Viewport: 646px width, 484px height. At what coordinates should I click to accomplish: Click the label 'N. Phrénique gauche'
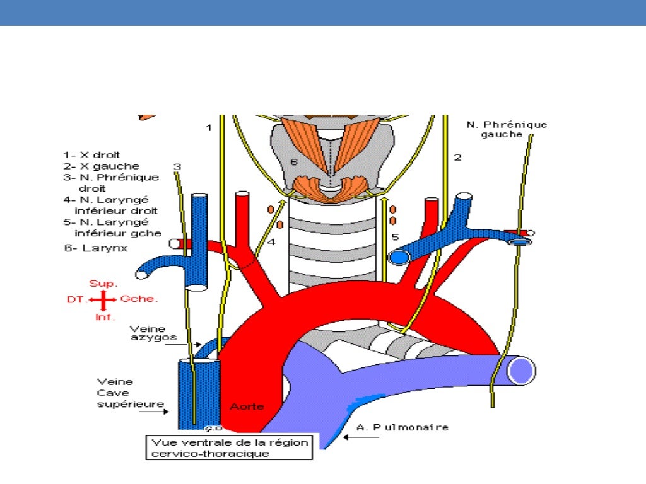click(507, 129)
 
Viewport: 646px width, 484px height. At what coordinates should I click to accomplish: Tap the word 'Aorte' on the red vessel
click(247, 406)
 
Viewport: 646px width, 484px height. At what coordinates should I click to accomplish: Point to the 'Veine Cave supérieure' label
click(124, 393)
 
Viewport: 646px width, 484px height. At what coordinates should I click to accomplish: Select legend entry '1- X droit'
click(91, 154)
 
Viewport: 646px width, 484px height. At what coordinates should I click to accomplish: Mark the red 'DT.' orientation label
click(75, 300)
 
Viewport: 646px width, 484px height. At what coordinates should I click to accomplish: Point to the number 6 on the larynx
click(293, 163)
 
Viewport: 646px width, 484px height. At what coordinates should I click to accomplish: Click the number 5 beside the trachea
click(395, 237)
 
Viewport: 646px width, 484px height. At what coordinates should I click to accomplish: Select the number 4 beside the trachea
click(271, 241)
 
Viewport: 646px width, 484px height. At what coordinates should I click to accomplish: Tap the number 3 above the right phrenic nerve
click(177, 166)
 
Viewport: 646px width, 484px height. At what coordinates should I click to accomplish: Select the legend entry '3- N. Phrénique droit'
click(110, 183)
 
